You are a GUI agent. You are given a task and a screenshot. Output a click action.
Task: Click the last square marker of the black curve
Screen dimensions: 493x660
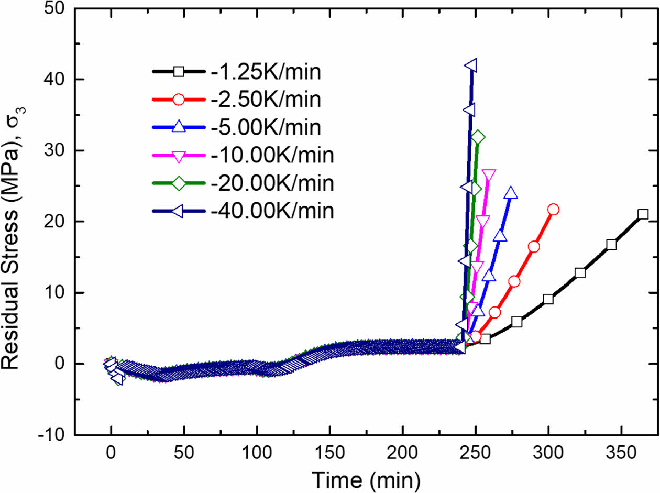643,214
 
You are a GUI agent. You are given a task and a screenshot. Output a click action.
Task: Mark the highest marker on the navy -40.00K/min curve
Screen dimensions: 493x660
470,65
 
